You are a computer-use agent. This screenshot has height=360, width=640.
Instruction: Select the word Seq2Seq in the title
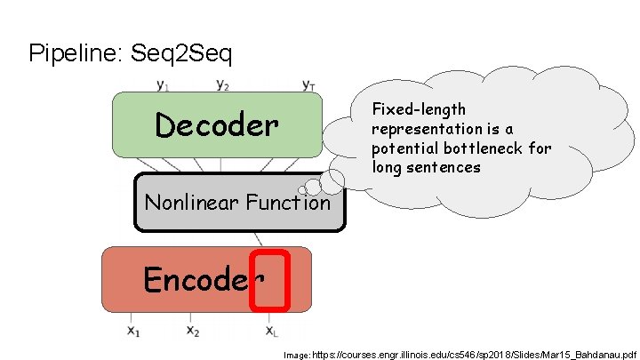tap(181, 54)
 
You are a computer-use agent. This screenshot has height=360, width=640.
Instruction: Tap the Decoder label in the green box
tap(216, 125)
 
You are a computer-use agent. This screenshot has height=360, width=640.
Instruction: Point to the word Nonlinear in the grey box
tap(188, 203)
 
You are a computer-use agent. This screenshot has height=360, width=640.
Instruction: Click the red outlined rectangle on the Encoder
tap(270, 281)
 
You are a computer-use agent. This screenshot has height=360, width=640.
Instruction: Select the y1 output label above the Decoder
tap(163, 85)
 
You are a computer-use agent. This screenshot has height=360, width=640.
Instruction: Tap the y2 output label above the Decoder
tap(223, 85)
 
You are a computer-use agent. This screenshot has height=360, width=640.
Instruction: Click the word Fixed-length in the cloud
tap(419, 109)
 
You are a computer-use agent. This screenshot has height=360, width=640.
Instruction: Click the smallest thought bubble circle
tap(303, 189)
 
